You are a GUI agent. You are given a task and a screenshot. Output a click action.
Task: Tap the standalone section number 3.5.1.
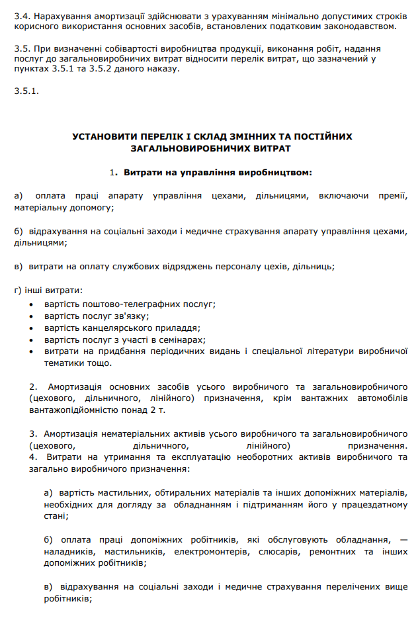pos(26,91)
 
